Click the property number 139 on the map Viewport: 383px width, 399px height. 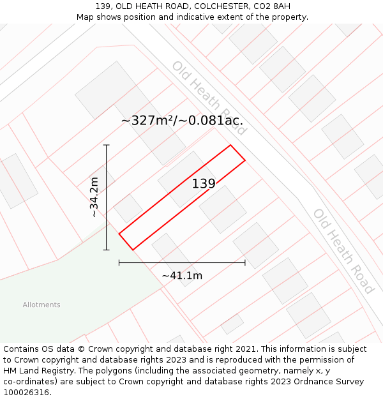click(204, 184)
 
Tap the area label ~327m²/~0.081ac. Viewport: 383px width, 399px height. click(182, 121)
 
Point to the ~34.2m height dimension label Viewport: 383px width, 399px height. click(94, 197)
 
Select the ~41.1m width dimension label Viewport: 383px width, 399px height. click(182, 276)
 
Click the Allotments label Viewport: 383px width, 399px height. click(41, 305)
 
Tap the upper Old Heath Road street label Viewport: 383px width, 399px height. click(208, 98)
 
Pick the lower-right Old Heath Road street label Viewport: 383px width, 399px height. click(343, 251)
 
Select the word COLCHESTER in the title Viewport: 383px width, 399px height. click(206, 6)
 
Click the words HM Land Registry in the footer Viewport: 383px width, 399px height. click(37, 371)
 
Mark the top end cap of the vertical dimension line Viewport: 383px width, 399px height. click(107, 146)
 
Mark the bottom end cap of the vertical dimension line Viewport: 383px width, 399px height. click(107, 250)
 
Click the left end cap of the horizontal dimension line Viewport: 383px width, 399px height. click(119, 262)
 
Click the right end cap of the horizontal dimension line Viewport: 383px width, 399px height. click(245, 262)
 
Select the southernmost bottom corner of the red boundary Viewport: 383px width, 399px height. click(133, 250)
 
